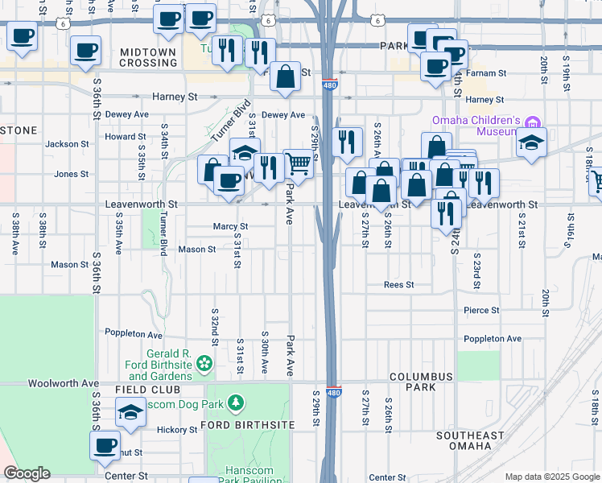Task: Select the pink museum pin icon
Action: pos(531,123)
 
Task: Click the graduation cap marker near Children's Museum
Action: pos(531,142)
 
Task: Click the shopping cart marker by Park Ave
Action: pos(299,164)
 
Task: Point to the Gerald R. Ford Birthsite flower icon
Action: pos(205,363)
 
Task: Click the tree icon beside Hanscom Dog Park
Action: pos(235,401)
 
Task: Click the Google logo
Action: pos(27,473)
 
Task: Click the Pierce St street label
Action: pos(481,310)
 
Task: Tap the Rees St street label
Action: pos(398,285)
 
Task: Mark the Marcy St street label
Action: pos(230,227)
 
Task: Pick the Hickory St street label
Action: pos(177,430)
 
